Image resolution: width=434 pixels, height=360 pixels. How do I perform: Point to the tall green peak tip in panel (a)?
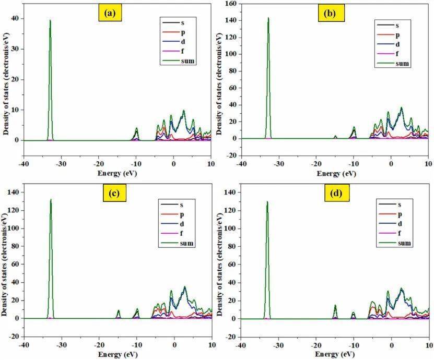click(x=50, y=21)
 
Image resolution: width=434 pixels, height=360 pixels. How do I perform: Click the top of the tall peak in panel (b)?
click(x=268, y=18)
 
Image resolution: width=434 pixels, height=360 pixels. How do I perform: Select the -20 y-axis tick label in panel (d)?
click(x=231, y=337)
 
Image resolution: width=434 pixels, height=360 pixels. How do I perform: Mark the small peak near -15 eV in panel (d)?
click(x=335, y=306)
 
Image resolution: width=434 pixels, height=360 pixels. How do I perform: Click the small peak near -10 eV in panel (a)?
click(x=136, y=128)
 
